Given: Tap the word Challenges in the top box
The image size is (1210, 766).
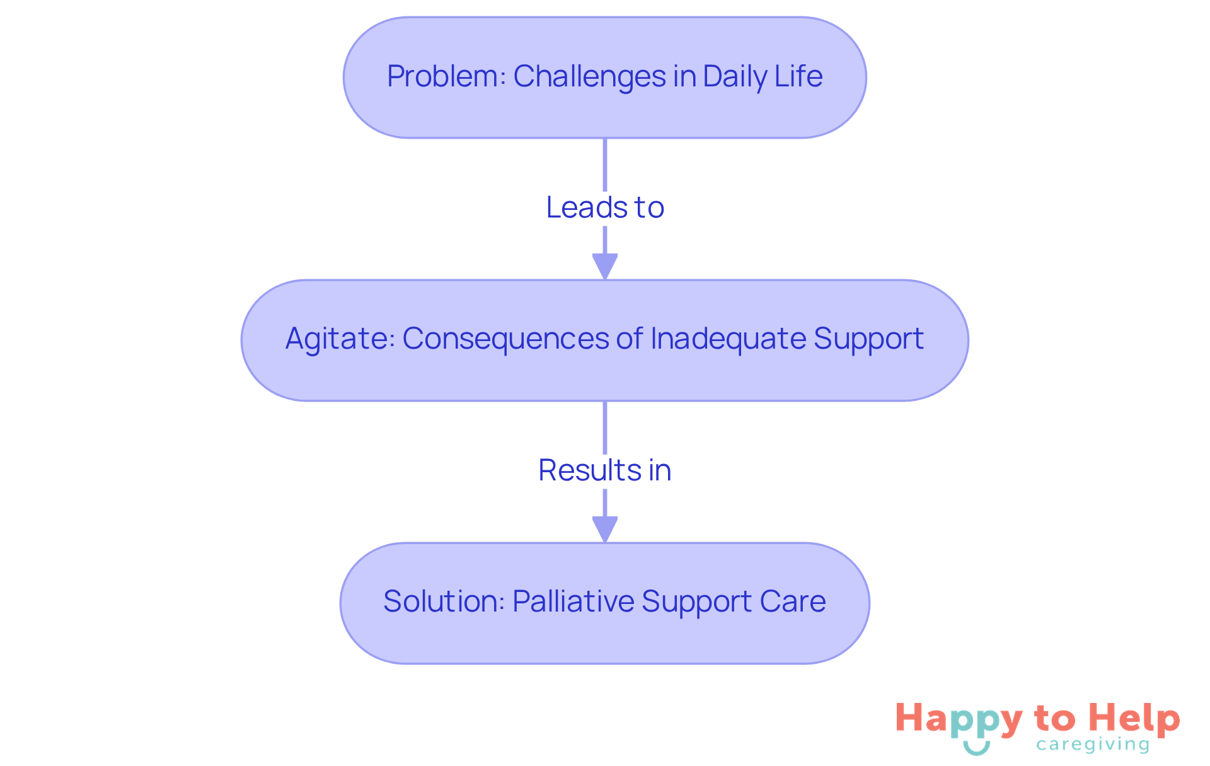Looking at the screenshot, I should (x=590, y=77).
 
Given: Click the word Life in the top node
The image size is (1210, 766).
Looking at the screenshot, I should (x=798, y=77).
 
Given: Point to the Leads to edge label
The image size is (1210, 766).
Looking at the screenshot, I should (x=605, y=207).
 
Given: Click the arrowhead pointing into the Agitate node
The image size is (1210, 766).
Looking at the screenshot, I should (x=605, y=266).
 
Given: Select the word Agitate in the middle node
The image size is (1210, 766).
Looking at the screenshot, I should (x=340, y=339).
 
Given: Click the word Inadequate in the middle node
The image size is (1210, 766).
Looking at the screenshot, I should (x=728, y=339).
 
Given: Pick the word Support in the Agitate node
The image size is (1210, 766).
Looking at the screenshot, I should (x=868, y=339).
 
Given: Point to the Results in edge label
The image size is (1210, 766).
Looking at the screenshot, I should (x=605, y=470).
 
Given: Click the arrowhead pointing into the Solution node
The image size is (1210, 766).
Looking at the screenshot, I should (x=605, y=529).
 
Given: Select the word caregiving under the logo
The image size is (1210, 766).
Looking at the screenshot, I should (x=1093, y=745).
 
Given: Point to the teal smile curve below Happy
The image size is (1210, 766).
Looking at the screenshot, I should (x=977, y=749).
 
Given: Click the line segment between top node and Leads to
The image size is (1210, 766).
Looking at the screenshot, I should (x=605, y=164).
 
